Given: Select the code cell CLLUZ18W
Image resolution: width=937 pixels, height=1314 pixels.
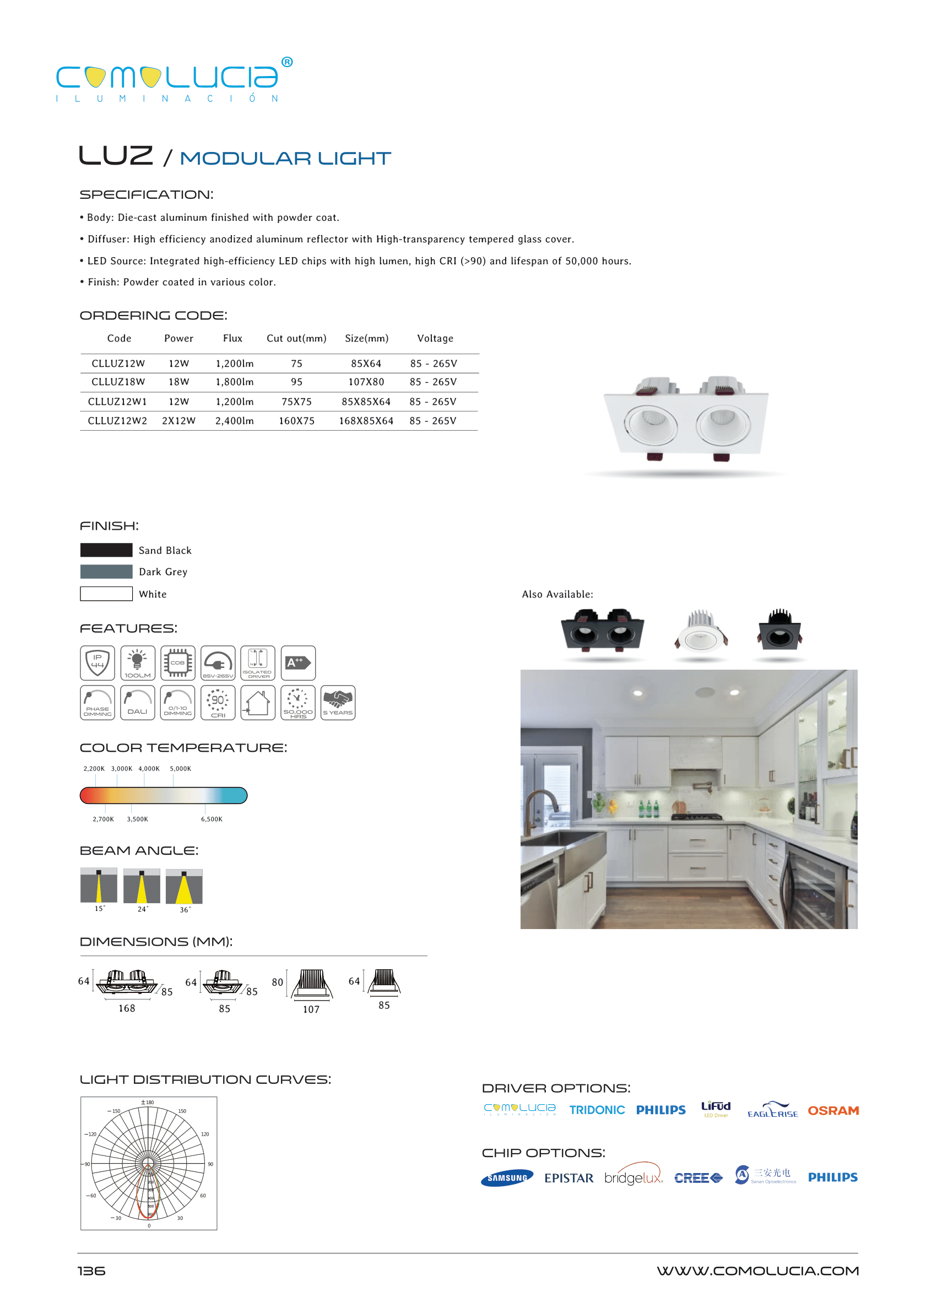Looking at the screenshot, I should click(118, 382).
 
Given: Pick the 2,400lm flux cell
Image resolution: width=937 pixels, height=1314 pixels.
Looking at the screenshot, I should click(234, 421).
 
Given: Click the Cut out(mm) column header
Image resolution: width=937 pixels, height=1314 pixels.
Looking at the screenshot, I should click(296, 339).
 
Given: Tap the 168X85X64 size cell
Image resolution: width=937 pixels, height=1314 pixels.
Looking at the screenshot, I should click(366, 421).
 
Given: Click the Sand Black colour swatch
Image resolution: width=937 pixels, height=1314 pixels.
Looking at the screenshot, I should click(106, 550).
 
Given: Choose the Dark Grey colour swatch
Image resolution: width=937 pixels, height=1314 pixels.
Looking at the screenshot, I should click(106, 572).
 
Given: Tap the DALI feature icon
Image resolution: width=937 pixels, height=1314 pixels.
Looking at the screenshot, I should click(137, 703).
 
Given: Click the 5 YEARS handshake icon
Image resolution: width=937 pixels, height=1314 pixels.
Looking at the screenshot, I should click(338, 703).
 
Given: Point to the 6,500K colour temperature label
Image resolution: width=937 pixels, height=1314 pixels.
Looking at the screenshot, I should click(211, 819).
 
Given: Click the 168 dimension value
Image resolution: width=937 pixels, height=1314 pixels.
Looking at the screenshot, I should click(127, 1008).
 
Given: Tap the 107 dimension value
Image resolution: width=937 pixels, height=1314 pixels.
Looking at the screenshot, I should click(311, 1009).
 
